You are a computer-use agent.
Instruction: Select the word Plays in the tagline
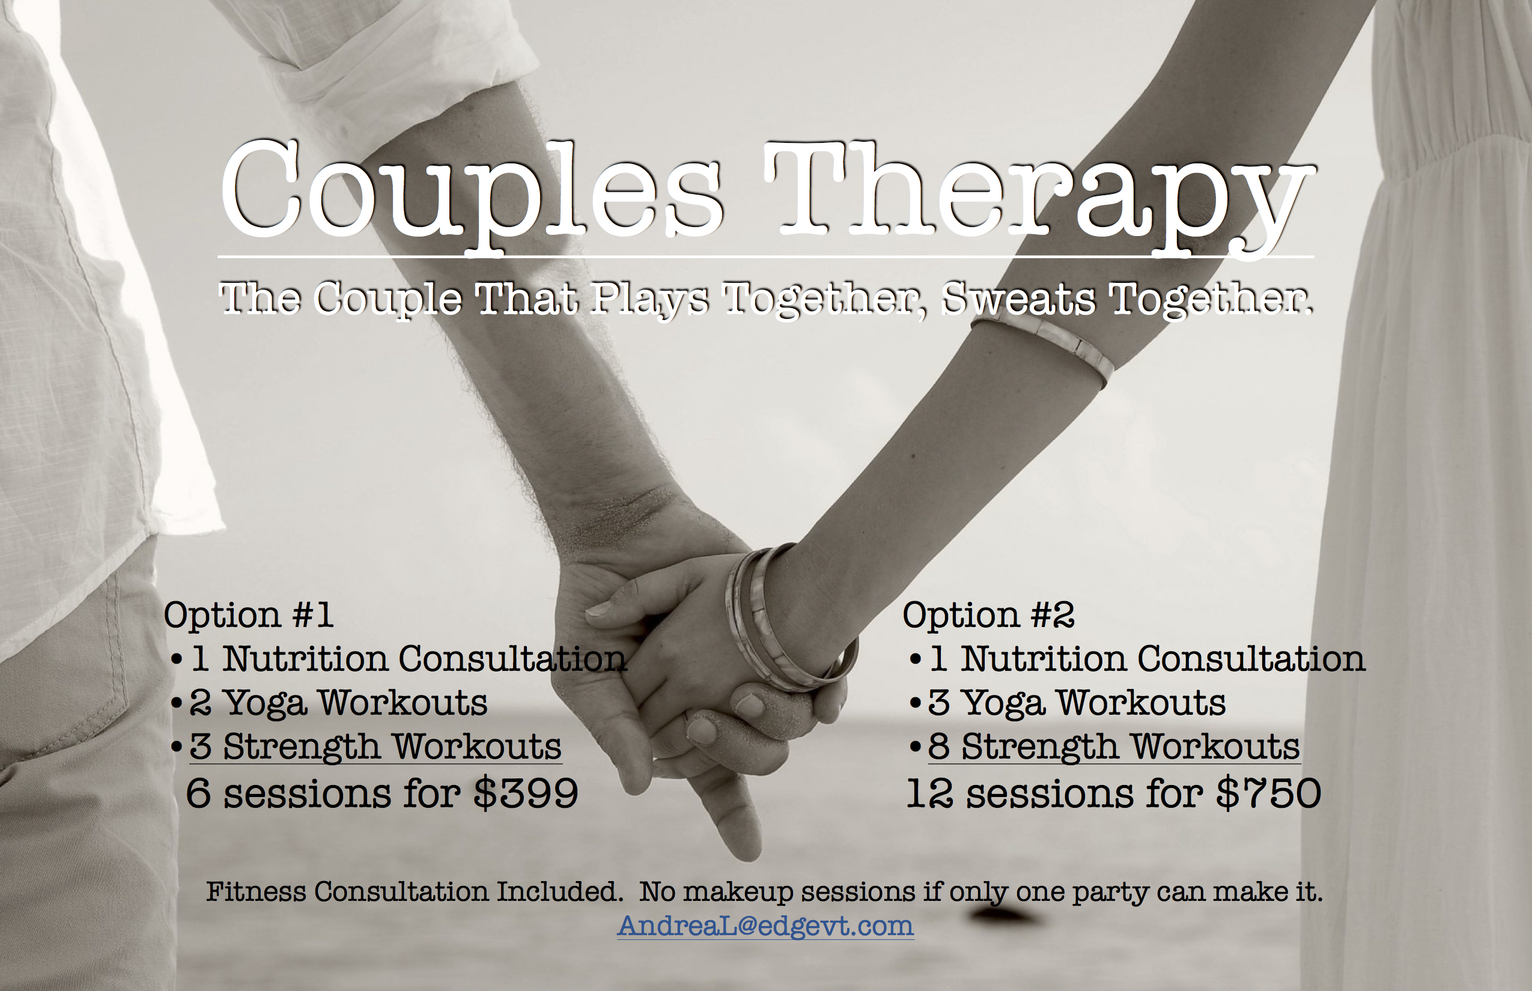click(x=651, y=300)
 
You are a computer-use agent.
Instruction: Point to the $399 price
click(x=525, y=792)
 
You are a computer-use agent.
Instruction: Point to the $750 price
click(x=1268, y=792)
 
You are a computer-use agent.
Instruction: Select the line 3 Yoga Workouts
click(x=1077, y=703)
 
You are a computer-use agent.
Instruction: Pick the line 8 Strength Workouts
click(x=1114, y=747)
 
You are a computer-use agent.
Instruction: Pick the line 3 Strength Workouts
click(x=375, y=747)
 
